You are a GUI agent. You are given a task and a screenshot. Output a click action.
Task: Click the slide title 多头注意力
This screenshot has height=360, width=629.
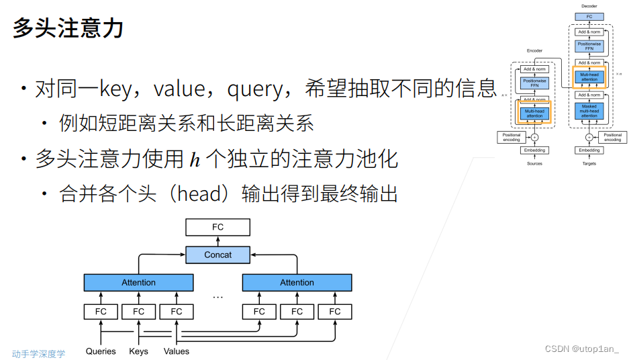[68, 30]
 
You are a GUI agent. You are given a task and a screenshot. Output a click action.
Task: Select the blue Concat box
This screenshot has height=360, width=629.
[217, 255]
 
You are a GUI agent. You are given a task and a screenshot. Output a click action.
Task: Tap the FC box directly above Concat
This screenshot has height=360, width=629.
[217, 227]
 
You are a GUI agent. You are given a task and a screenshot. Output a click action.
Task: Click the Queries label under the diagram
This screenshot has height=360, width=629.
[101, 351]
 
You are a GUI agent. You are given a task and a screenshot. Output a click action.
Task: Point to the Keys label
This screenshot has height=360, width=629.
[138, 351]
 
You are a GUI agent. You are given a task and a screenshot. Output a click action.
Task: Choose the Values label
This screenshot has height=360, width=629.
[177, 351]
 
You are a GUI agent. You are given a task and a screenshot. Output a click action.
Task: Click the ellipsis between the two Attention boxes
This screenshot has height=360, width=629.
[217, 296]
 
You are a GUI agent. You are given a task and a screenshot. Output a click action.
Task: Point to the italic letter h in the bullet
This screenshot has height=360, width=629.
[195, 159]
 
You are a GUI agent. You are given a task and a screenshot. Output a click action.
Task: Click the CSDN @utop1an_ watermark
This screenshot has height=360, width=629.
[581, 349]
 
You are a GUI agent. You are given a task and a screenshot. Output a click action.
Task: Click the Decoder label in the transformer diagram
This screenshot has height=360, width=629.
[589, 6]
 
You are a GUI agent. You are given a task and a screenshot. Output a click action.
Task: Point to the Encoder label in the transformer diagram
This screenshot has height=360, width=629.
[534, 51]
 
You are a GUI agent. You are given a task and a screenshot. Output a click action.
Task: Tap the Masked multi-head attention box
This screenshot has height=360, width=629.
[589, 111]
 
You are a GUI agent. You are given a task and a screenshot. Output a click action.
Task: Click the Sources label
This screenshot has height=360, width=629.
[534, 163]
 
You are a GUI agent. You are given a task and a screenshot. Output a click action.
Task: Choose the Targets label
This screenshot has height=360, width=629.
[589, 163]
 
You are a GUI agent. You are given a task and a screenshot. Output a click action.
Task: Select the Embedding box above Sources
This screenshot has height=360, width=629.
[534, 150]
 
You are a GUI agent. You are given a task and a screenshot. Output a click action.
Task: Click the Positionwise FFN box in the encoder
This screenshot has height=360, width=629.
[534, 84]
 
